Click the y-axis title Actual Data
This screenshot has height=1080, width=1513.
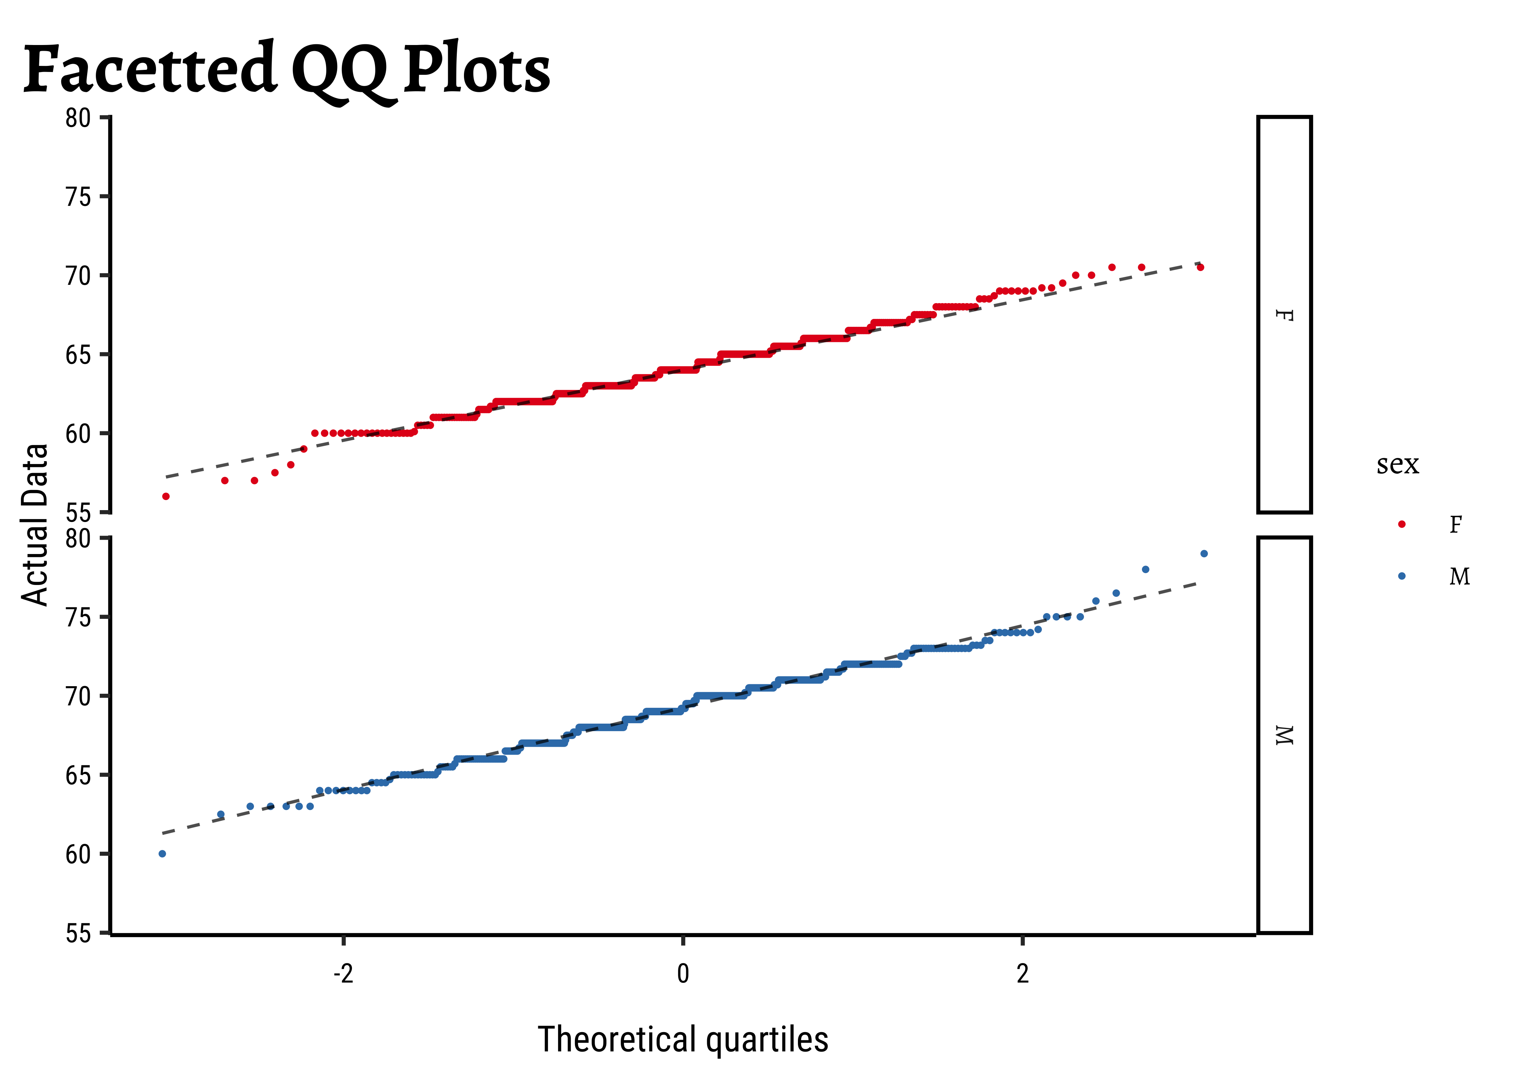(x=35, y=525)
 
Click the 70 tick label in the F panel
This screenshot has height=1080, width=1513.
(x=78, y=275)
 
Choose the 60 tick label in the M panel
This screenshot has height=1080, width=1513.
(x=78, y=854)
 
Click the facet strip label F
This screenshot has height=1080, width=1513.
(x=1284, y=315)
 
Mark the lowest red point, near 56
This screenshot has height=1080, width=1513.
(x=166, y=496)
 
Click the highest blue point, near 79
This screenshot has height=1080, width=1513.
(x=1204, y=553)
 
